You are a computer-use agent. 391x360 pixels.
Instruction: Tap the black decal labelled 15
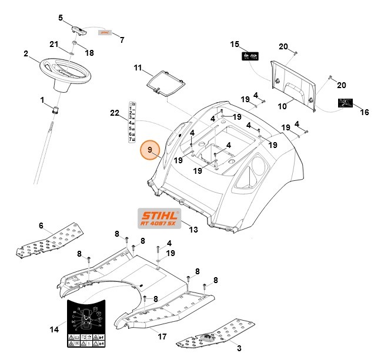249,57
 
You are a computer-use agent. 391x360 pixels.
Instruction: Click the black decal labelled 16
345,103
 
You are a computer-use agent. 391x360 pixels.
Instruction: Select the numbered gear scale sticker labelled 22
133,122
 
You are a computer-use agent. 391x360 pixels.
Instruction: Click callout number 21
54,45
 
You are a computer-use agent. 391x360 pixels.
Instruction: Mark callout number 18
89,53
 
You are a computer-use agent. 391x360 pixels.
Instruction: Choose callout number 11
138,68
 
